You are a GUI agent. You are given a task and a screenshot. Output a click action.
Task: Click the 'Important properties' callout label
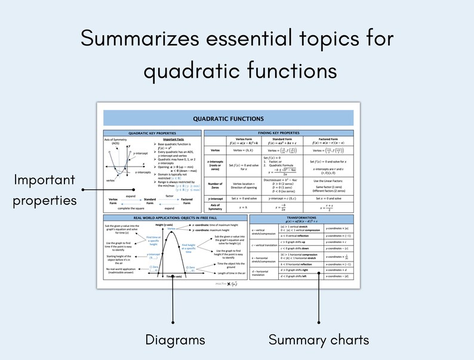pos(45,189)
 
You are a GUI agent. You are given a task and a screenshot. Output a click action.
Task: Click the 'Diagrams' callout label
pos(175,340)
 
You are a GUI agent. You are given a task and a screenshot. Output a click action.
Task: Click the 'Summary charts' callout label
pos(318,340)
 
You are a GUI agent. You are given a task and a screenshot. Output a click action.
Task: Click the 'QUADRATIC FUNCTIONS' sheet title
pos(228,119)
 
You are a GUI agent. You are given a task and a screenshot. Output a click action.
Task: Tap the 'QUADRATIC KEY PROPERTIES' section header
pos(152,133)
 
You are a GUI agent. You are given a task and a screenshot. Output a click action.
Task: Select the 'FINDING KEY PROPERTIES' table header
pos(282,133)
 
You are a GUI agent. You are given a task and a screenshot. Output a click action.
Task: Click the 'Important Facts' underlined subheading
pos(173,139)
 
